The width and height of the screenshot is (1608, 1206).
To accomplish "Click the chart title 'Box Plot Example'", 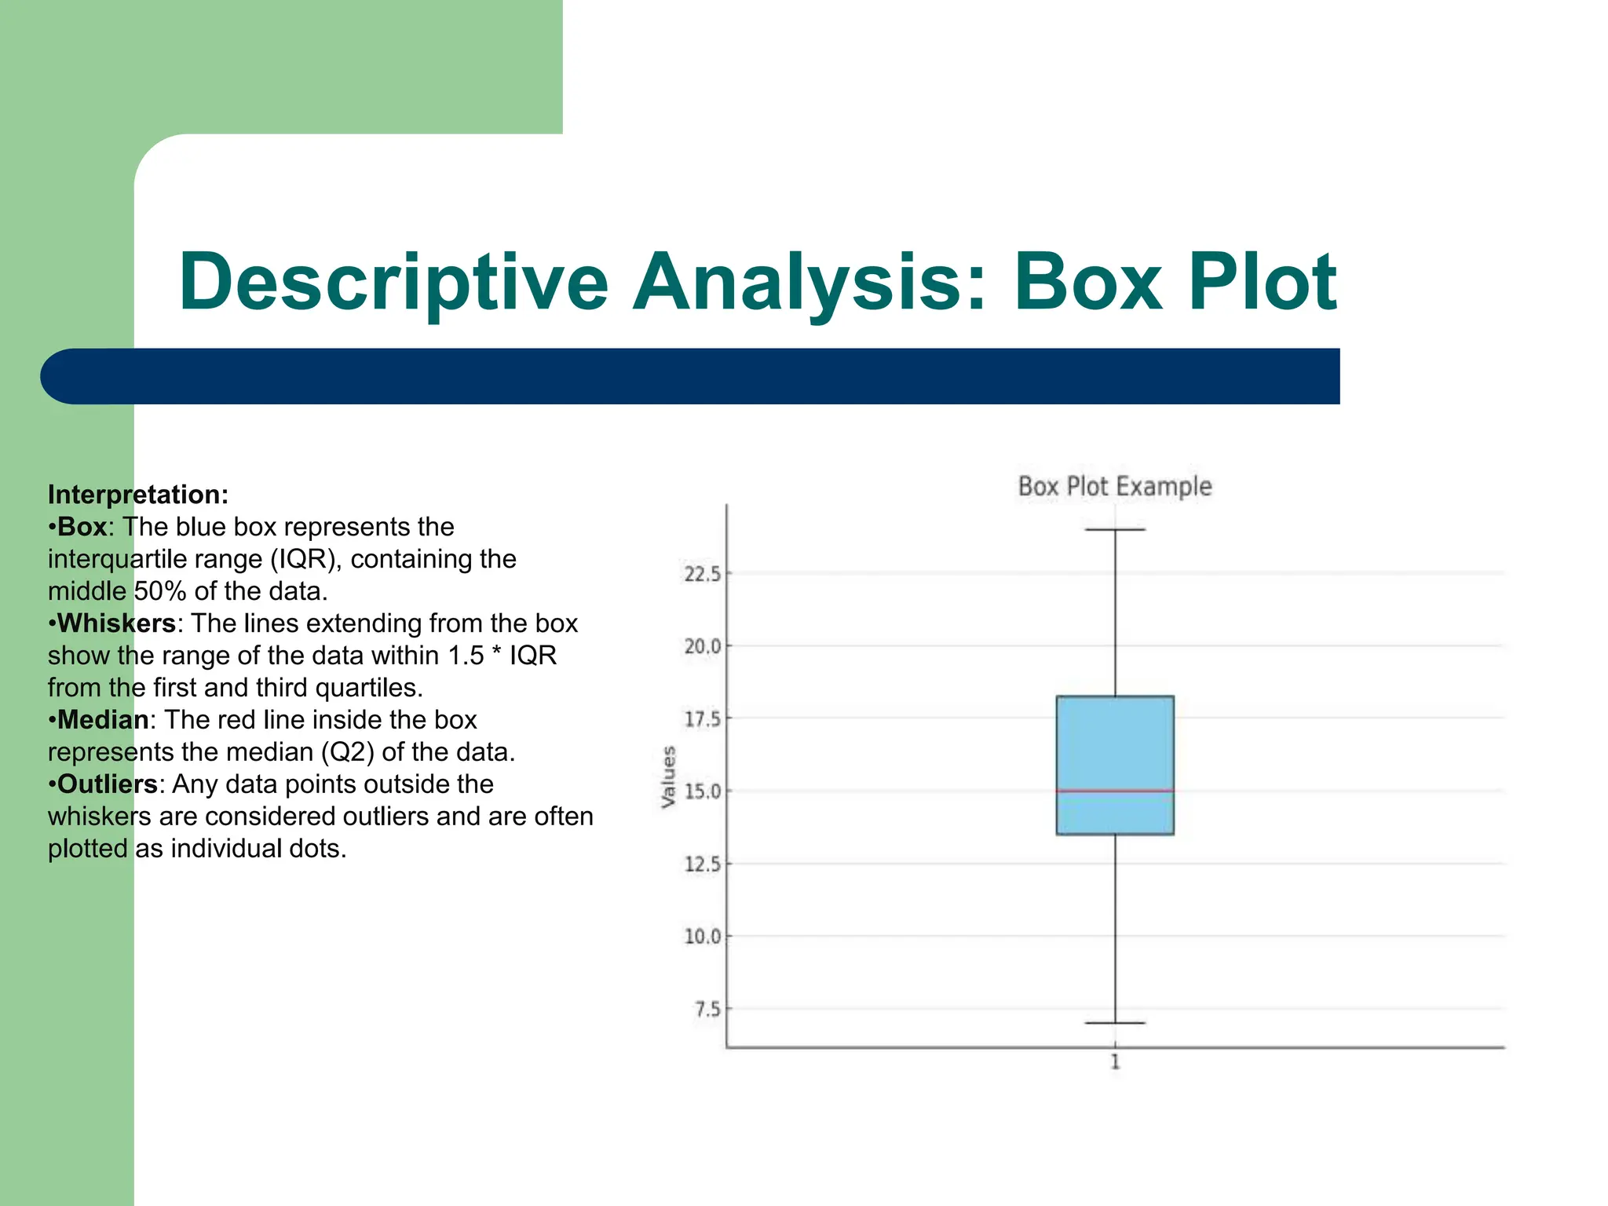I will click(1114, 487).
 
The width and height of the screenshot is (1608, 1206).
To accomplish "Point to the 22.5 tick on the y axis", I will click(702, 574).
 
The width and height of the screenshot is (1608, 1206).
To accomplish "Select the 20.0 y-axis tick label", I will click(702, 646).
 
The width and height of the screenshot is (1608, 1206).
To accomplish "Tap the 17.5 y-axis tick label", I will click(702, 719).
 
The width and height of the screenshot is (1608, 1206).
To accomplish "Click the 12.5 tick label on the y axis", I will click(702, 864).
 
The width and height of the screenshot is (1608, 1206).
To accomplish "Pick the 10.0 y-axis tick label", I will click(702, 937).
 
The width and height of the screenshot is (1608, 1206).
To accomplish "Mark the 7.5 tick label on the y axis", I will click(707, 1010).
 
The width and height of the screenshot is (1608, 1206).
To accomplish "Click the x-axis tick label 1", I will click(1115, 1063).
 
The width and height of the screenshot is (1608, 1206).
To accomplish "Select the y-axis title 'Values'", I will click(668, 777).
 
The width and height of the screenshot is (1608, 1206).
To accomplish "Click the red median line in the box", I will click(1115, 791).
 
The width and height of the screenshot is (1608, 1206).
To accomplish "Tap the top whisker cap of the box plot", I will click(1115, 530).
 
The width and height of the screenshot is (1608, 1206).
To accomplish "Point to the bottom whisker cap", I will click(1115, 1023).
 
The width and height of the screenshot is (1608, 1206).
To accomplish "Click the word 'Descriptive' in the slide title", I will click(393, 283).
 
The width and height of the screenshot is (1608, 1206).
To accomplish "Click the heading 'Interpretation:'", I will click(138, 495).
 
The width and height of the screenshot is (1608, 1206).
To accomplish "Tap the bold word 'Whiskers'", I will click(116, 623).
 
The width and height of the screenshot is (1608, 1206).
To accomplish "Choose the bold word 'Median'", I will click(103, 720).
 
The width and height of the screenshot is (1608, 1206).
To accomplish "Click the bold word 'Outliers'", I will click(108, 784).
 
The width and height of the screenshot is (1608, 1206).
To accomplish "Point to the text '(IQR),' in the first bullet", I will click(306, 560).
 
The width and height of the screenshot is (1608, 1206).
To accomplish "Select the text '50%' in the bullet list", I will click(160, 591).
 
